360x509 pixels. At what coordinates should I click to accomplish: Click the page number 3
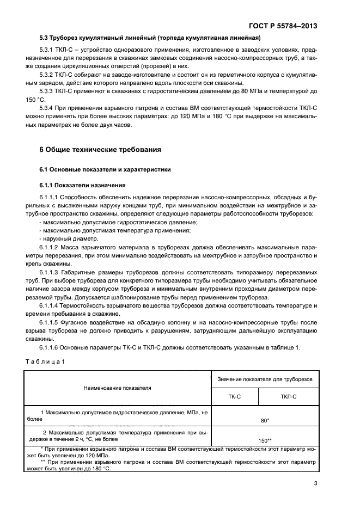[316, 483]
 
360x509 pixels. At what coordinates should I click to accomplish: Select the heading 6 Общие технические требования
[100, 149]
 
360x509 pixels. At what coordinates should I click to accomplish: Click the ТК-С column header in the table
[234, 396]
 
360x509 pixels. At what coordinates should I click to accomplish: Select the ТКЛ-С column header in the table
[289, 396]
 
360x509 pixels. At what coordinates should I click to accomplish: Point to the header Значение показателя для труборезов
[265, 379]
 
